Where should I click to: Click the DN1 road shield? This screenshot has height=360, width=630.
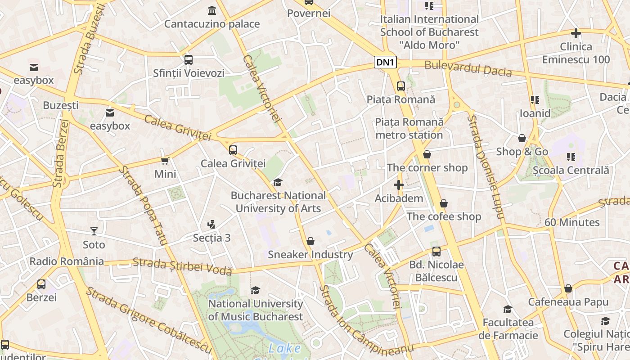[385, 63]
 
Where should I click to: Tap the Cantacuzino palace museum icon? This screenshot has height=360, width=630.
[211, 10]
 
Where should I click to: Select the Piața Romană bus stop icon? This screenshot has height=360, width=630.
[400, 86]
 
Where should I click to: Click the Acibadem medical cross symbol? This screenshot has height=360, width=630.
[398, 185]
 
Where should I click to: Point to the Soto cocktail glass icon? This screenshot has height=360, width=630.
[94, 231]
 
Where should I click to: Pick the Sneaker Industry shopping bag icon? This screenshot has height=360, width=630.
[310, 241]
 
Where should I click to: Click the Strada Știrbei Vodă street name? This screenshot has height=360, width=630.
[182, 266]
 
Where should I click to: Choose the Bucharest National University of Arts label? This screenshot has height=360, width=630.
[278, 202]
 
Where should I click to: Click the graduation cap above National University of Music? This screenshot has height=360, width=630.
[255, 290]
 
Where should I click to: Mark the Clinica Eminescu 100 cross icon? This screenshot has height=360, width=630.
[576, 33]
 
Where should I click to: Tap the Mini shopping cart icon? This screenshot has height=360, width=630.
[165, 161]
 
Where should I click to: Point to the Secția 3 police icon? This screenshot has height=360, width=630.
[211, 224]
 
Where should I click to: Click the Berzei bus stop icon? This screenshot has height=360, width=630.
[41, 284]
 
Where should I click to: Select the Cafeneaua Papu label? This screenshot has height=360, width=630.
[568, 302]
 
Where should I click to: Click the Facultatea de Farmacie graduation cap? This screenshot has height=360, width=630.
[508, 309]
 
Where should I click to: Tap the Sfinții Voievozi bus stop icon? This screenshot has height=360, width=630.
[188, 59]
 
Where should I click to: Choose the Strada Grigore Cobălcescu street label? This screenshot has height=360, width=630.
[148, 320]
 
